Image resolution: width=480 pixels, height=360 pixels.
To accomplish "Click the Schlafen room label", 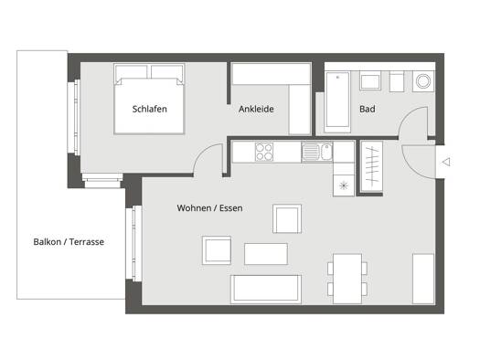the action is pyautogui.click(x=149, y=109).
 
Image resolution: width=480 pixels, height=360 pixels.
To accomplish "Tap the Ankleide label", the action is pyautogui.click(x=256, y=109).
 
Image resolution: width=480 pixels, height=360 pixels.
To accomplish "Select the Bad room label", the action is pyautogui.click(x=367, y=109).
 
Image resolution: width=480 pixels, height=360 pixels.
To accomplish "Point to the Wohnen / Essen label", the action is pyautogui.click(x=209, y=208).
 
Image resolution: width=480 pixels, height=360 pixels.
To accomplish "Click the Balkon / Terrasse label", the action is pyautogui.click(x=69, y=242).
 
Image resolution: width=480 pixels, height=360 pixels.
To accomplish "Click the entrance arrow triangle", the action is pyautogui.click(x=447, y=162).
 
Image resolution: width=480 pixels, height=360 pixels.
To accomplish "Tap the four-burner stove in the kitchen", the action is pyautogui.click(x=264, y=152).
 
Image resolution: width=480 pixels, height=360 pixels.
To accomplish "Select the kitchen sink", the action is pyautogui.click(x=317, y=152).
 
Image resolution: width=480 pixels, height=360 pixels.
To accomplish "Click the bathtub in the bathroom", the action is pyautogui.click(x=337, y=102).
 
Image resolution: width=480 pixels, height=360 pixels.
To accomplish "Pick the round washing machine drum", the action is pyautogui.click(x=423, y=81).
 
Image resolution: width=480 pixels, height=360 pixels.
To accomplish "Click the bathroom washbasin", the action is pyautogui.click(x=370, y=80).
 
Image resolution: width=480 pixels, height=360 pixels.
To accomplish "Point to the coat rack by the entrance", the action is pyautogui.click(x=371, y=166).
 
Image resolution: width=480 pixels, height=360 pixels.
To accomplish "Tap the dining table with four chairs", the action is pyautogui.click(x=347, y=279).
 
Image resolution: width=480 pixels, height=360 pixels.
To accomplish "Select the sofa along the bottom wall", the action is pyautogui.click(x=266, y=289).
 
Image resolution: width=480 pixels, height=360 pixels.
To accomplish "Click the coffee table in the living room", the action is pyautogui.click(x=266, y=254).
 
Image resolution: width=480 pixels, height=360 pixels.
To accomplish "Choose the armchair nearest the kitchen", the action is pyautogui.click(x=287, y=218).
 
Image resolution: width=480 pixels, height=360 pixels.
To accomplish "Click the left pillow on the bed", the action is pyautogui.click(x=131, y=73).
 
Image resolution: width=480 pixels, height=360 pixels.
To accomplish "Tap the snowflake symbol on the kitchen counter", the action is pyautogui.click(x=344, y=185).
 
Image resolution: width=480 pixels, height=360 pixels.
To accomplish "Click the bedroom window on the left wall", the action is pyautogui.click(x=74, y=118).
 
